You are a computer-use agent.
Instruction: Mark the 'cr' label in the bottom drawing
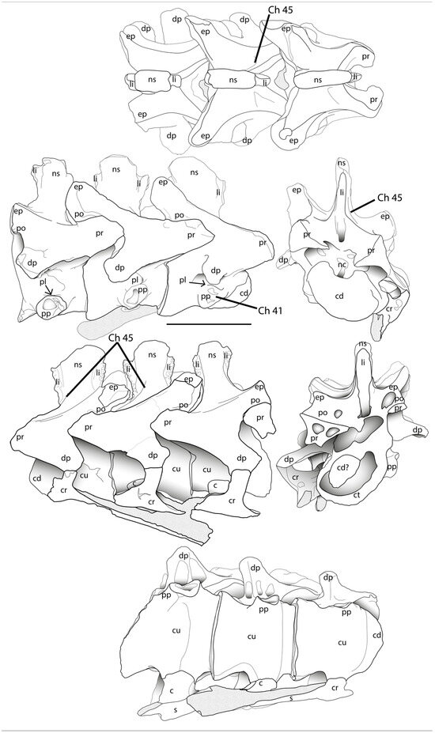[335, 689]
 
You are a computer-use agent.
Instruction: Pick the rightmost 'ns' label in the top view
[320, 80]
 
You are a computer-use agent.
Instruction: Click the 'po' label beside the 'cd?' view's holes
[323, 413]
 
